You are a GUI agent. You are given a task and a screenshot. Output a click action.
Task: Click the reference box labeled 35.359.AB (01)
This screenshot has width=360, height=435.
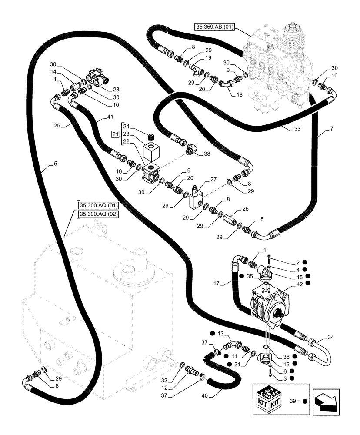(214, 27)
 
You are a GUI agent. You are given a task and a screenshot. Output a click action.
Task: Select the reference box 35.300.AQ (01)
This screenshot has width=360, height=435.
(99, 205)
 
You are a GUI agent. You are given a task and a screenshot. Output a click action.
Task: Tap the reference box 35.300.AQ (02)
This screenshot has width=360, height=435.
(99, 214)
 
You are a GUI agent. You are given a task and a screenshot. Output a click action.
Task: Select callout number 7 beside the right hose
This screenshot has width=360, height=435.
(332, 130)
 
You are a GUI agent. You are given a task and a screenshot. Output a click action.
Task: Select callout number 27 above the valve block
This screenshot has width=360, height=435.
(213, 179)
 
